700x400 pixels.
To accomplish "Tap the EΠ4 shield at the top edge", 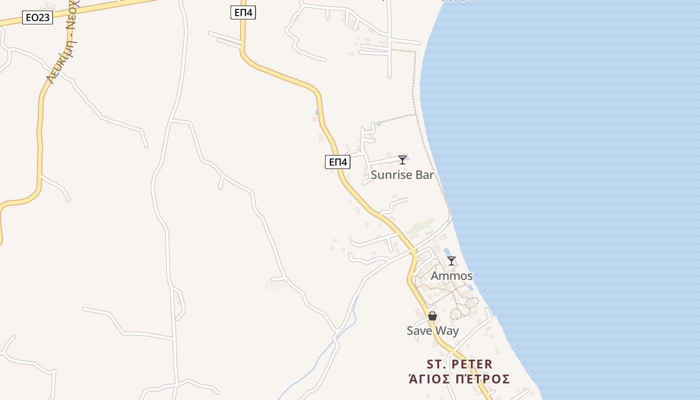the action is coord(243,13).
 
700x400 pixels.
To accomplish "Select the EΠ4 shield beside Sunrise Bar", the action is coord(337,162).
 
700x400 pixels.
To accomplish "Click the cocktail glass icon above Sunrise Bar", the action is coord(402,160).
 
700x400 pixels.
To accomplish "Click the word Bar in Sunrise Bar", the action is coord(424,175).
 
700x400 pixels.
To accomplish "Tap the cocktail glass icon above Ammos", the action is coord(451,261).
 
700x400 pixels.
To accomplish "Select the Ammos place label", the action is coord(451,276).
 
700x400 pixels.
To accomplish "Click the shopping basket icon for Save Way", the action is coord(432,316).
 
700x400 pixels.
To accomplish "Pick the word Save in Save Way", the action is coord(418,331).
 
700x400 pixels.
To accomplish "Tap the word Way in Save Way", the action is coord(446,331).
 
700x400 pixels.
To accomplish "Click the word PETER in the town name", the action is coord(470,364).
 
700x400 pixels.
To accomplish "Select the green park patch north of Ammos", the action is coord(420,227).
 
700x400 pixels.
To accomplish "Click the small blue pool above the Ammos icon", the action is coord(446,251).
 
